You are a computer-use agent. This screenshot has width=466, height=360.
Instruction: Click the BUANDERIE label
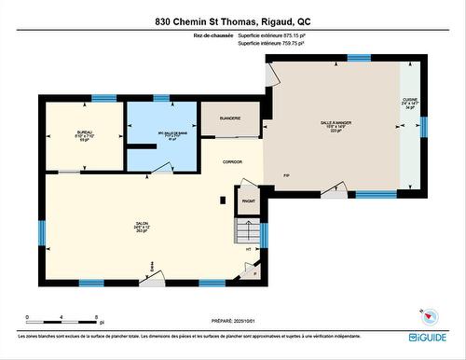point(230,118)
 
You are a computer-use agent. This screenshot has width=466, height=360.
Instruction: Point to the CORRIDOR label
point(232,161)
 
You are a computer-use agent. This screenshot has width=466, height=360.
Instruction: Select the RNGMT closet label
point(249,201)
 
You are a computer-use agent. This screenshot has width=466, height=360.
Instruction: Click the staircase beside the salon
point(248,229)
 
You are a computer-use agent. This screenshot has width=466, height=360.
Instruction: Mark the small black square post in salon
point(221,199)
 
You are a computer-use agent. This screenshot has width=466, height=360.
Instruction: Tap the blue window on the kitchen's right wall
point(423,125)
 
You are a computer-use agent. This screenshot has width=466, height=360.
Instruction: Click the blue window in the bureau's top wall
point(104,98)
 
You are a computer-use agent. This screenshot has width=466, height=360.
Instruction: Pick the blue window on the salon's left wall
point(41,232)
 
